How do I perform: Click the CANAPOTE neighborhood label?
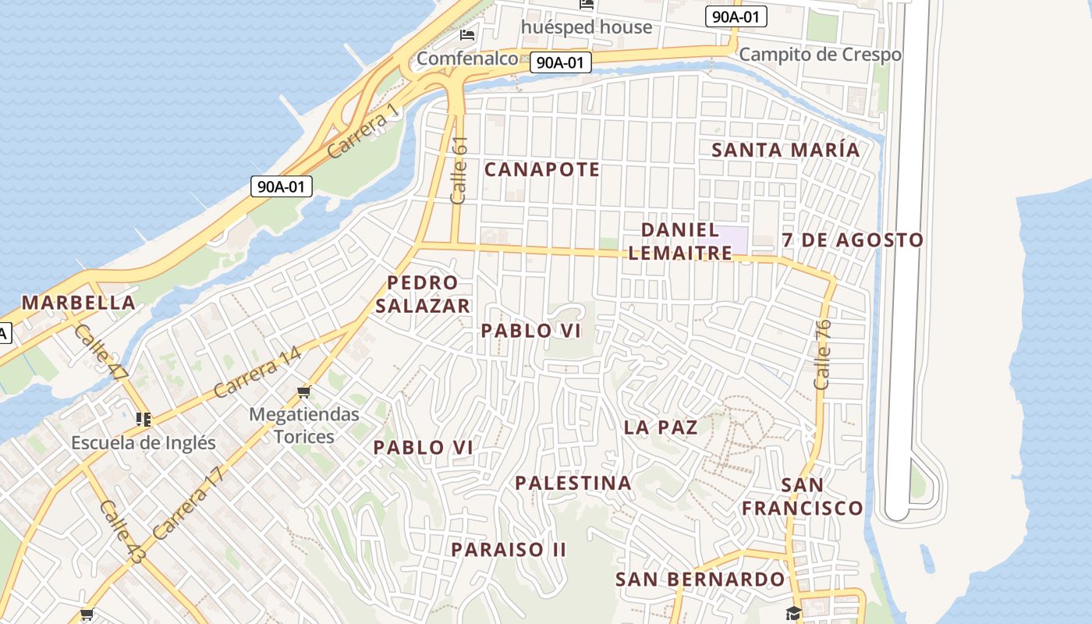pos(542,169)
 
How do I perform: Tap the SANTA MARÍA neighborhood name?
pos(786,150)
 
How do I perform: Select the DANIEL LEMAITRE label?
pos(680,241)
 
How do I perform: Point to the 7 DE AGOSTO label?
pos(853,240)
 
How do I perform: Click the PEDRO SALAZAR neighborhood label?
pos(423,294)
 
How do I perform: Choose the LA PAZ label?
pos(661,427)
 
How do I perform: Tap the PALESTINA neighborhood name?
pos(573,484)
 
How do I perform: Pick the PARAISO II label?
pos(509,550)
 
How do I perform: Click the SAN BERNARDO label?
pos(700,580)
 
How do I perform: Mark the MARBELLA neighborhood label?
pos(78,303)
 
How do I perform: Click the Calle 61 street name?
pos(459,170)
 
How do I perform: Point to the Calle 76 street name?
pos(822,355)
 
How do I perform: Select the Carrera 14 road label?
pos(257,373)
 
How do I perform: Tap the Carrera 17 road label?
pos(189,503)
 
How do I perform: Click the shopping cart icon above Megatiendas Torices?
pos(303,392)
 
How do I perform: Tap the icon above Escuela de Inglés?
pos(143,420)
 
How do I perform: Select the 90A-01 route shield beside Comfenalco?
pos(560,62)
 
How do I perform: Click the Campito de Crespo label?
pos(820,55)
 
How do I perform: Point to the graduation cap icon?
pos(793,613)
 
